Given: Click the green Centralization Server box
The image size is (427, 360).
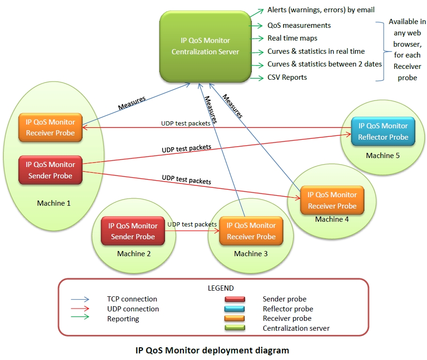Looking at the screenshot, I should (205, 46).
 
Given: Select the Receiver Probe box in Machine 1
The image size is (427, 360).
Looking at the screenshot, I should (50, 127).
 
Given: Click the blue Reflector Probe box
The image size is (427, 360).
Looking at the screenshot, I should (383, 131).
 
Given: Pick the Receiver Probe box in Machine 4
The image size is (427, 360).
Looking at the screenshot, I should (332, 200).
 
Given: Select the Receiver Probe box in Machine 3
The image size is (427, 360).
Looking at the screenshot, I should (251, 231).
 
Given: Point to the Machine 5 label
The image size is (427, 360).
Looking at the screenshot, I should (382, 156).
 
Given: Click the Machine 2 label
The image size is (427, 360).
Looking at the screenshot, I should (134, 254).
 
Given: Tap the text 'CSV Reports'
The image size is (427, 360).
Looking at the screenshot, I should (287, 77).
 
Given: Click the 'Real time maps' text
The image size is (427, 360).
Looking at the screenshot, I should (292, 38).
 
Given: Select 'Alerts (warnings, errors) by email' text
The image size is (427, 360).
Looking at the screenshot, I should (320, 9).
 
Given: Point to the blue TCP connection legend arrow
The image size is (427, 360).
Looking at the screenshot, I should (80, 299).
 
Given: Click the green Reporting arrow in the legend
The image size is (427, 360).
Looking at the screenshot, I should (80, 319).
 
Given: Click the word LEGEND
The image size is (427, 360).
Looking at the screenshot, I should (221, 288).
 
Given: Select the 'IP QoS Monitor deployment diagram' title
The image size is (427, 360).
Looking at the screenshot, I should (212, 350).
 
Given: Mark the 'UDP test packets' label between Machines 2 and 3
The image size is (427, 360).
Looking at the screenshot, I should (192, 225).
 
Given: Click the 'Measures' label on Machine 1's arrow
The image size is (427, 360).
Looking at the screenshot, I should (131, 103).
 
